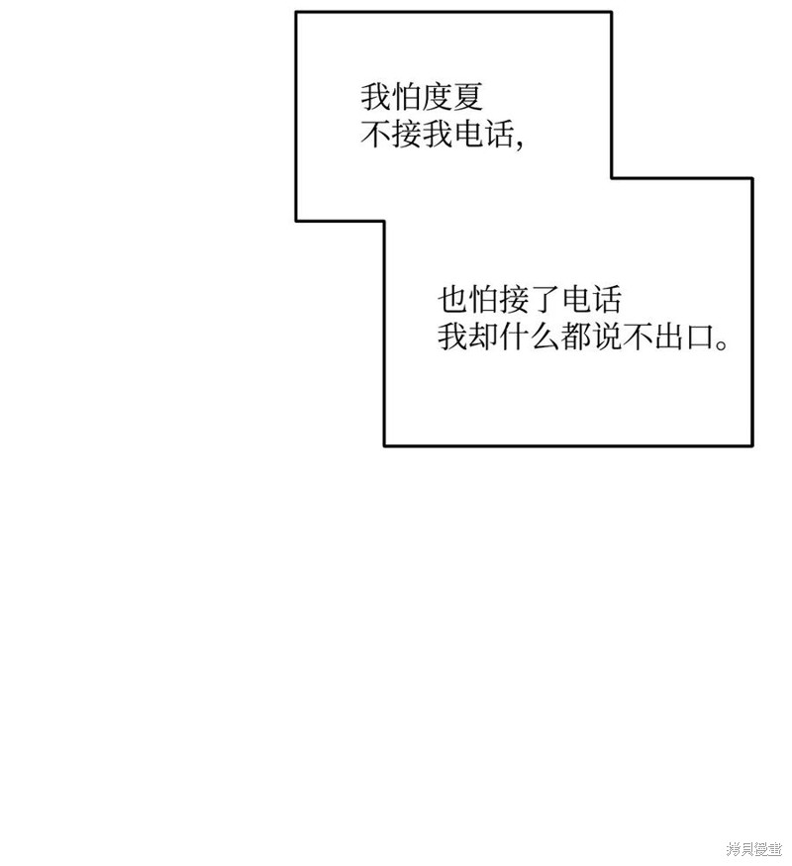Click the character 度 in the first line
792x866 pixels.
(x=437, y=97)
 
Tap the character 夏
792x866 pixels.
(x=468, y=97)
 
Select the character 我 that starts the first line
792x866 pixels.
(x=375, y=97)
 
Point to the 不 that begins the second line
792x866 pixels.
(x=375, y=134)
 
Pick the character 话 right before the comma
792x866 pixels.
(x=499, y=134)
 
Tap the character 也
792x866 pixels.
(x=452, y=299)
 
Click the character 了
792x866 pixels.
(x=545, y=299)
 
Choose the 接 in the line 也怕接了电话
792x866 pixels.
(x=514, y=299)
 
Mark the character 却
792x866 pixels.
(x=483, y=337)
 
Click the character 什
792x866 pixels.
(x=514, y=337)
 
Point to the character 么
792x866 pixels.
(x=545, y=337)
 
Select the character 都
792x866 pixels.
(x=576, y=337)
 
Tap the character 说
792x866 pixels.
(x=607, y=337)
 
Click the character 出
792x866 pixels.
(x=669, y=337)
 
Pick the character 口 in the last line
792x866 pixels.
(x=700, y=337)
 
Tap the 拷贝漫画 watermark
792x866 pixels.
(x=754, y=848)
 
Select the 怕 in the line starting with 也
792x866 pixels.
(x=483, y=299)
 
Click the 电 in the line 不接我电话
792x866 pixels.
(x=468, y=134)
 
